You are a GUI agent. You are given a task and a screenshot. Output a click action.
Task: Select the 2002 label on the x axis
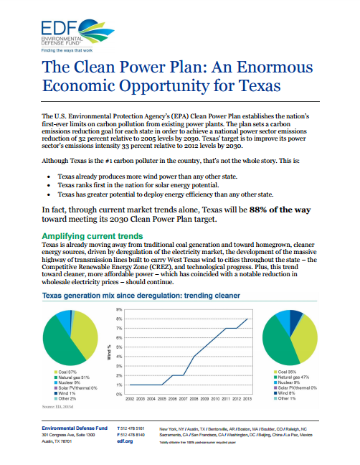click(130, 397)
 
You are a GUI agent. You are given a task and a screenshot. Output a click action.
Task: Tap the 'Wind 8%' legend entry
click(287, 392)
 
